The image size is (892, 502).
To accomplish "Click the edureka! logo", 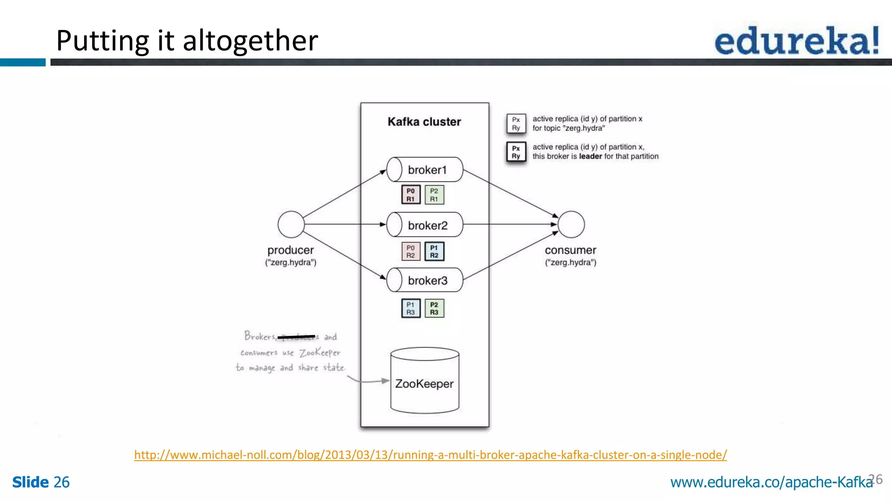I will point(796,41).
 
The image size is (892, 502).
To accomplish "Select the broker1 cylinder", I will point(425,170).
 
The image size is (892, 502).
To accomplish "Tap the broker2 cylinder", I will point(425,225).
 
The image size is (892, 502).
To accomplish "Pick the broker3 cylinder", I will point(425,280).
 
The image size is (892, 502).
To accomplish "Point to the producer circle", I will point(291,224).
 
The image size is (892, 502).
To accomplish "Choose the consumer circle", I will point(571,224).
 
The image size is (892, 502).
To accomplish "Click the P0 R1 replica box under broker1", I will point(411,195).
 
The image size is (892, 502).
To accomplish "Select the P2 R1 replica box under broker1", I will point(434,195).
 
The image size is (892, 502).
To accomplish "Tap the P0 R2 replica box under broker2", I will point(411,251).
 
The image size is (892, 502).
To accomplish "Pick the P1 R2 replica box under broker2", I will point(434,251).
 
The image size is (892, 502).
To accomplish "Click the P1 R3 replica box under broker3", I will point(411,308).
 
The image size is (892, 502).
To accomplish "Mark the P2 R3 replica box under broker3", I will point(434,308).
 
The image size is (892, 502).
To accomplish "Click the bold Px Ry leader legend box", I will point(516,152).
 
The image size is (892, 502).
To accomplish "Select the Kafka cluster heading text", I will point(424,122).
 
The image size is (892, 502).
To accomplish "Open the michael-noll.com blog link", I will point(430,455).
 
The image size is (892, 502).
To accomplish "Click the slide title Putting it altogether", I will point(187,41).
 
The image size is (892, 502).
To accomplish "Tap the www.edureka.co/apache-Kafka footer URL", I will point(771,482).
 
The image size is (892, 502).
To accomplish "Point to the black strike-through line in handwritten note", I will point(296,336).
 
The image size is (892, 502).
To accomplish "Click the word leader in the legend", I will point(590,156).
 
